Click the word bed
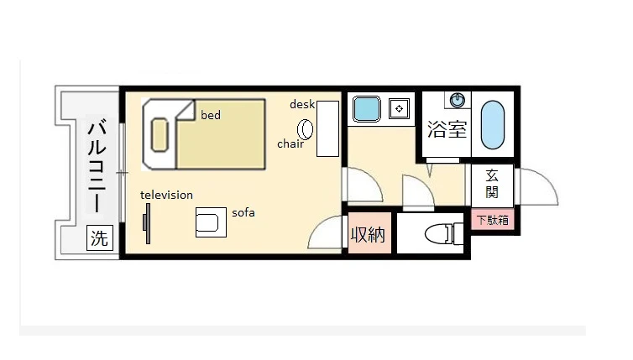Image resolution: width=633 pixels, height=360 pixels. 211,115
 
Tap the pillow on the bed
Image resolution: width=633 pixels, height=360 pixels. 160,135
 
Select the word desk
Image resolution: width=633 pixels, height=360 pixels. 302,105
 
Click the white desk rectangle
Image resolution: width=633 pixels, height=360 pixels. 327,128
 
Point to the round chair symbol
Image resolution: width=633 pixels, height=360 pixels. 306,129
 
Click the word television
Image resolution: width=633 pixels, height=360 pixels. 166,195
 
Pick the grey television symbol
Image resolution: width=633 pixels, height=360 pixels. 147,223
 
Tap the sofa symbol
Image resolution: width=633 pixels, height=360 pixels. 211,222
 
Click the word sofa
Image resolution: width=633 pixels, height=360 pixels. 243,212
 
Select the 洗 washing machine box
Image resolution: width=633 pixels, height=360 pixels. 100,237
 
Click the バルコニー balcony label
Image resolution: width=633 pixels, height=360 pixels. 97,165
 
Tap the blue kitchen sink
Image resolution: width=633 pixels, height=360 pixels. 367,109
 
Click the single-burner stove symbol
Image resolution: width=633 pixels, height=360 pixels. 399,108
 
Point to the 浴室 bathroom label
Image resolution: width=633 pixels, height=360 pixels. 447,129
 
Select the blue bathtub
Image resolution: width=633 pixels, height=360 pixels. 493,125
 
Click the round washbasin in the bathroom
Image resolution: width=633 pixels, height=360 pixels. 458,100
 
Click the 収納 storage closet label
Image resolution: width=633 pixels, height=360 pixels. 368,234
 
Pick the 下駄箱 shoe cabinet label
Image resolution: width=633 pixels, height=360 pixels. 493,220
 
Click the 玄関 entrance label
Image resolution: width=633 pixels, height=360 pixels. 492,184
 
